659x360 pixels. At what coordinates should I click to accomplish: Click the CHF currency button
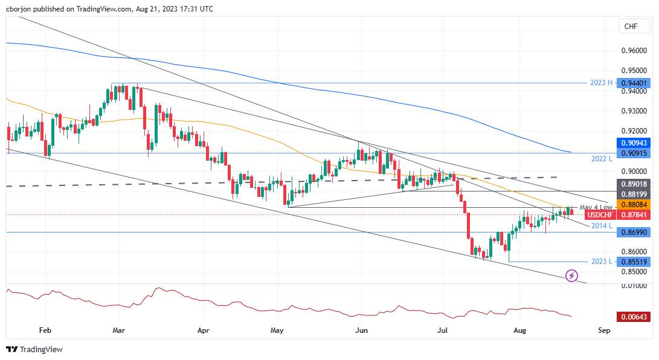pyautogui.click(x=631, y=26)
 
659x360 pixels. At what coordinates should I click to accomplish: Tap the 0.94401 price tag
pyautogui.click(x=634, y=83)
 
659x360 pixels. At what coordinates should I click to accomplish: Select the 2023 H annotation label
pyautogui.click(x=601, y=83)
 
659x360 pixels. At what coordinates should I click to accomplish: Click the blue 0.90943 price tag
pyautogui.click(x=634, y=143)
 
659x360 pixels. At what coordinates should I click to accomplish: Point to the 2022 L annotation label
pyautogui.click(x=602, y=158)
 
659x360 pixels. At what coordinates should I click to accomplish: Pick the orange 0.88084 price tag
pyautogui.click(x=634, y=205)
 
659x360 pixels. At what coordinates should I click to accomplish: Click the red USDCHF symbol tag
pyautogui.click(x=600, y=215)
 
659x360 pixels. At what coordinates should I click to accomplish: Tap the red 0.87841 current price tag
pyautogui.click(x=634, y=215)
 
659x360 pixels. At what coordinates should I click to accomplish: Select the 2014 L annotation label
pyautogui.click(x=602, y=225)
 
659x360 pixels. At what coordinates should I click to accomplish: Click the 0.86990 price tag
pyautogui.click(x=634, y=232)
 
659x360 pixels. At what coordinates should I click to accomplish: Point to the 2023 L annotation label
pyautogui.click(x=602, y=262)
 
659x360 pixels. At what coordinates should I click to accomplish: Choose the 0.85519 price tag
pyautogui.click(x=634, y=262)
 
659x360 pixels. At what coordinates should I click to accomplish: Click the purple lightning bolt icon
pyautogui.click(x=571, y=275)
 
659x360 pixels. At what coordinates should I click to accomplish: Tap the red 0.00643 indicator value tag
pyautogui.click(x=634, y=317)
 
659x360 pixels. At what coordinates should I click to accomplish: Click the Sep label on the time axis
pyautogui.click(x=604, y=330)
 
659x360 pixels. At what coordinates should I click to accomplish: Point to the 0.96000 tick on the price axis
pyautogui.click(x=634, y=50)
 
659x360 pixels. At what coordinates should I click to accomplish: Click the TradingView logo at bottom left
pyautogui.click(x=34, y=349)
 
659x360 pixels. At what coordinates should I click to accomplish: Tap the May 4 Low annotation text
pyautogui.click(x=596, y=208)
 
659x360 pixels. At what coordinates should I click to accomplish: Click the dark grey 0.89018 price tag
pyautogui.click(x=634, y=184)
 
